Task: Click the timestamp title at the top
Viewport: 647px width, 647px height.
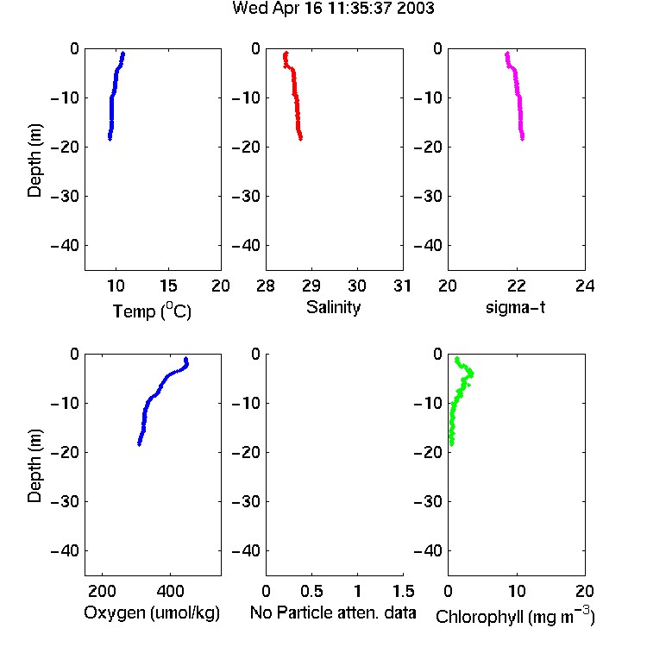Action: (333, 9)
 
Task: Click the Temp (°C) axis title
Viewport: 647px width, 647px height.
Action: (152, 311)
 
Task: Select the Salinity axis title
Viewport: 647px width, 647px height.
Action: (333, 308)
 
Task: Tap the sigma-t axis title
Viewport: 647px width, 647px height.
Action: (515, 307)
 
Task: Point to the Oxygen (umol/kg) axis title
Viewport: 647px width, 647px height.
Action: (152, 613)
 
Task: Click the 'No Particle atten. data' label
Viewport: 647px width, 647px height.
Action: (333, 612)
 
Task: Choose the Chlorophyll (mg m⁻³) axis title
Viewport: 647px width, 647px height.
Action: (515, 616)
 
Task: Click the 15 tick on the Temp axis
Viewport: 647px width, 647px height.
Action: (168, 286)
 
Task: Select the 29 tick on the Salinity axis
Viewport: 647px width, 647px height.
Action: (311, 286)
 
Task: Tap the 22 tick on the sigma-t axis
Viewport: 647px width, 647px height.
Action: (516, 286)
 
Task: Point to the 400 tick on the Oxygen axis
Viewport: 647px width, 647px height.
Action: (170, 592)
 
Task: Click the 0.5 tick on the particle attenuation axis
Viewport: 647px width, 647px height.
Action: (311, 592)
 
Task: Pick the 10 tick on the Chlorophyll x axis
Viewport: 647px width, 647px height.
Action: (516, 592)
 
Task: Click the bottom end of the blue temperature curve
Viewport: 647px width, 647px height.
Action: (110, 139)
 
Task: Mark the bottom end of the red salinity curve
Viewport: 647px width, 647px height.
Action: (300, 139)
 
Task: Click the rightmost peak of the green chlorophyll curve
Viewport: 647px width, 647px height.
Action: (472, 374)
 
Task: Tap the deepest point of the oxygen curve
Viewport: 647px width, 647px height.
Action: (140, 444)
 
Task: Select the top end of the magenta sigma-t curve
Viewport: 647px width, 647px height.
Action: (507, 53)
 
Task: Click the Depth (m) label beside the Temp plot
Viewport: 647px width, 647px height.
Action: (35, 160)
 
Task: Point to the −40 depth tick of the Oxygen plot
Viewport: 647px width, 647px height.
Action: (65, 550)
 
